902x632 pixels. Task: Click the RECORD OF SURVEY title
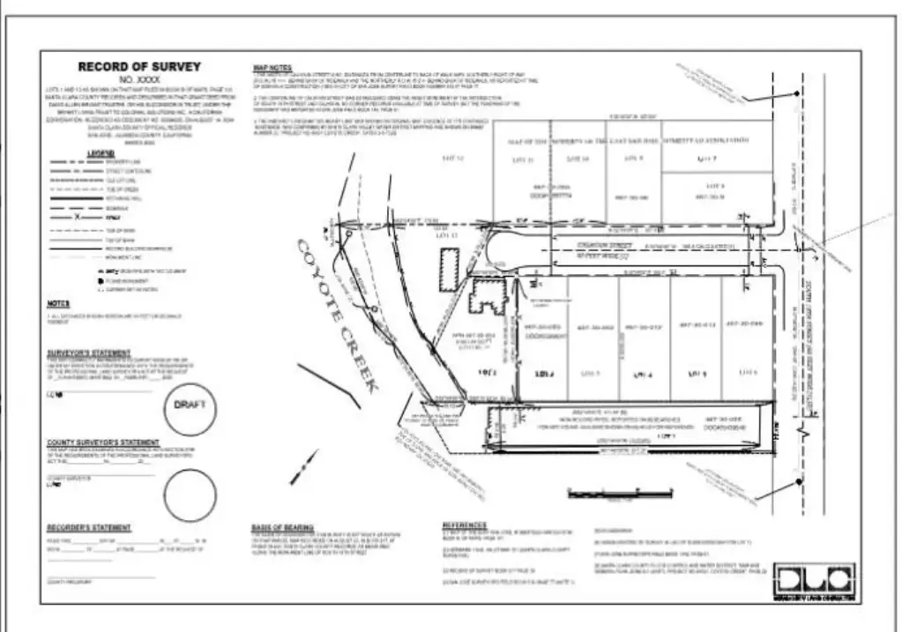pyautogui.click(x=139, y=67)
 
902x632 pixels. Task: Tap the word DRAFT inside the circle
pyautogui.click(x=190, y=405)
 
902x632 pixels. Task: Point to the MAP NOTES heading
pyautogui.click(x=272, y=67)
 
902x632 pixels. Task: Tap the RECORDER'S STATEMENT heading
pyautogui.click(x=89, y=528)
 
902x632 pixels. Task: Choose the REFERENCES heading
pyautogui.click(x=464, y=526)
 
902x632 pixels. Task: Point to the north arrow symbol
pyautogui.click(x=304, y=461)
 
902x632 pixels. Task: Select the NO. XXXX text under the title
pyautogui.click(x=139, y=79)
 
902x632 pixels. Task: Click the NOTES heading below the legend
pyautogui.click(x=57, y=304)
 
